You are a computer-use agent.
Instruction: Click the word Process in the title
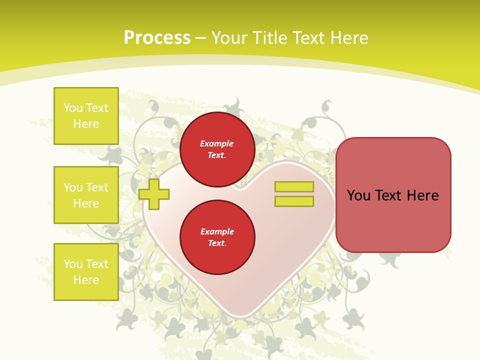(157, 38)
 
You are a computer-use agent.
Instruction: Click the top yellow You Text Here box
(86, 116)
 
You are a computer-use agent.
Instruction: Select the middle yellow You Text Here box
(86, 195)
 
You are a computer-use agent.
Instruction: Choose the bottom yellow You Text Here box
(86, 272)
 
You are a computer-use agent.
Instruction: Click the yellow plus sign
(154, 194)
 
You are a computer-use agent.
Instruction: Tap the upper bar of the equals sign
(294, 186)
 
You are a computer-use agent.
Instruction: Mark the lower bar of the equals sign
(294, 201)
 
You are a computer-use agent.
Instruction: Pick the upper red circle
(217, 149)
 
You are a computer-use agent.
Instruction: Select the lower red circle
(217, 237)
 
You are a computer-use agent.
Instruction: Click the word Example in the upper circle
(217, 143)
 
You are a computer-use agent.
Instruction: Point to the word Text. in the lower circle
(217, 243)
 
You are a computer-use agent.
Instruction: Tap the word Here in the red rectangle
(422, 195)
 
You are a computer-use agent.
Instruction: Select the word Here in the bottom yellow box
(86, 280)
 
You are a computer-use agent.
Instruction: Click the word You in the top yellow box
(73, 108)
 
